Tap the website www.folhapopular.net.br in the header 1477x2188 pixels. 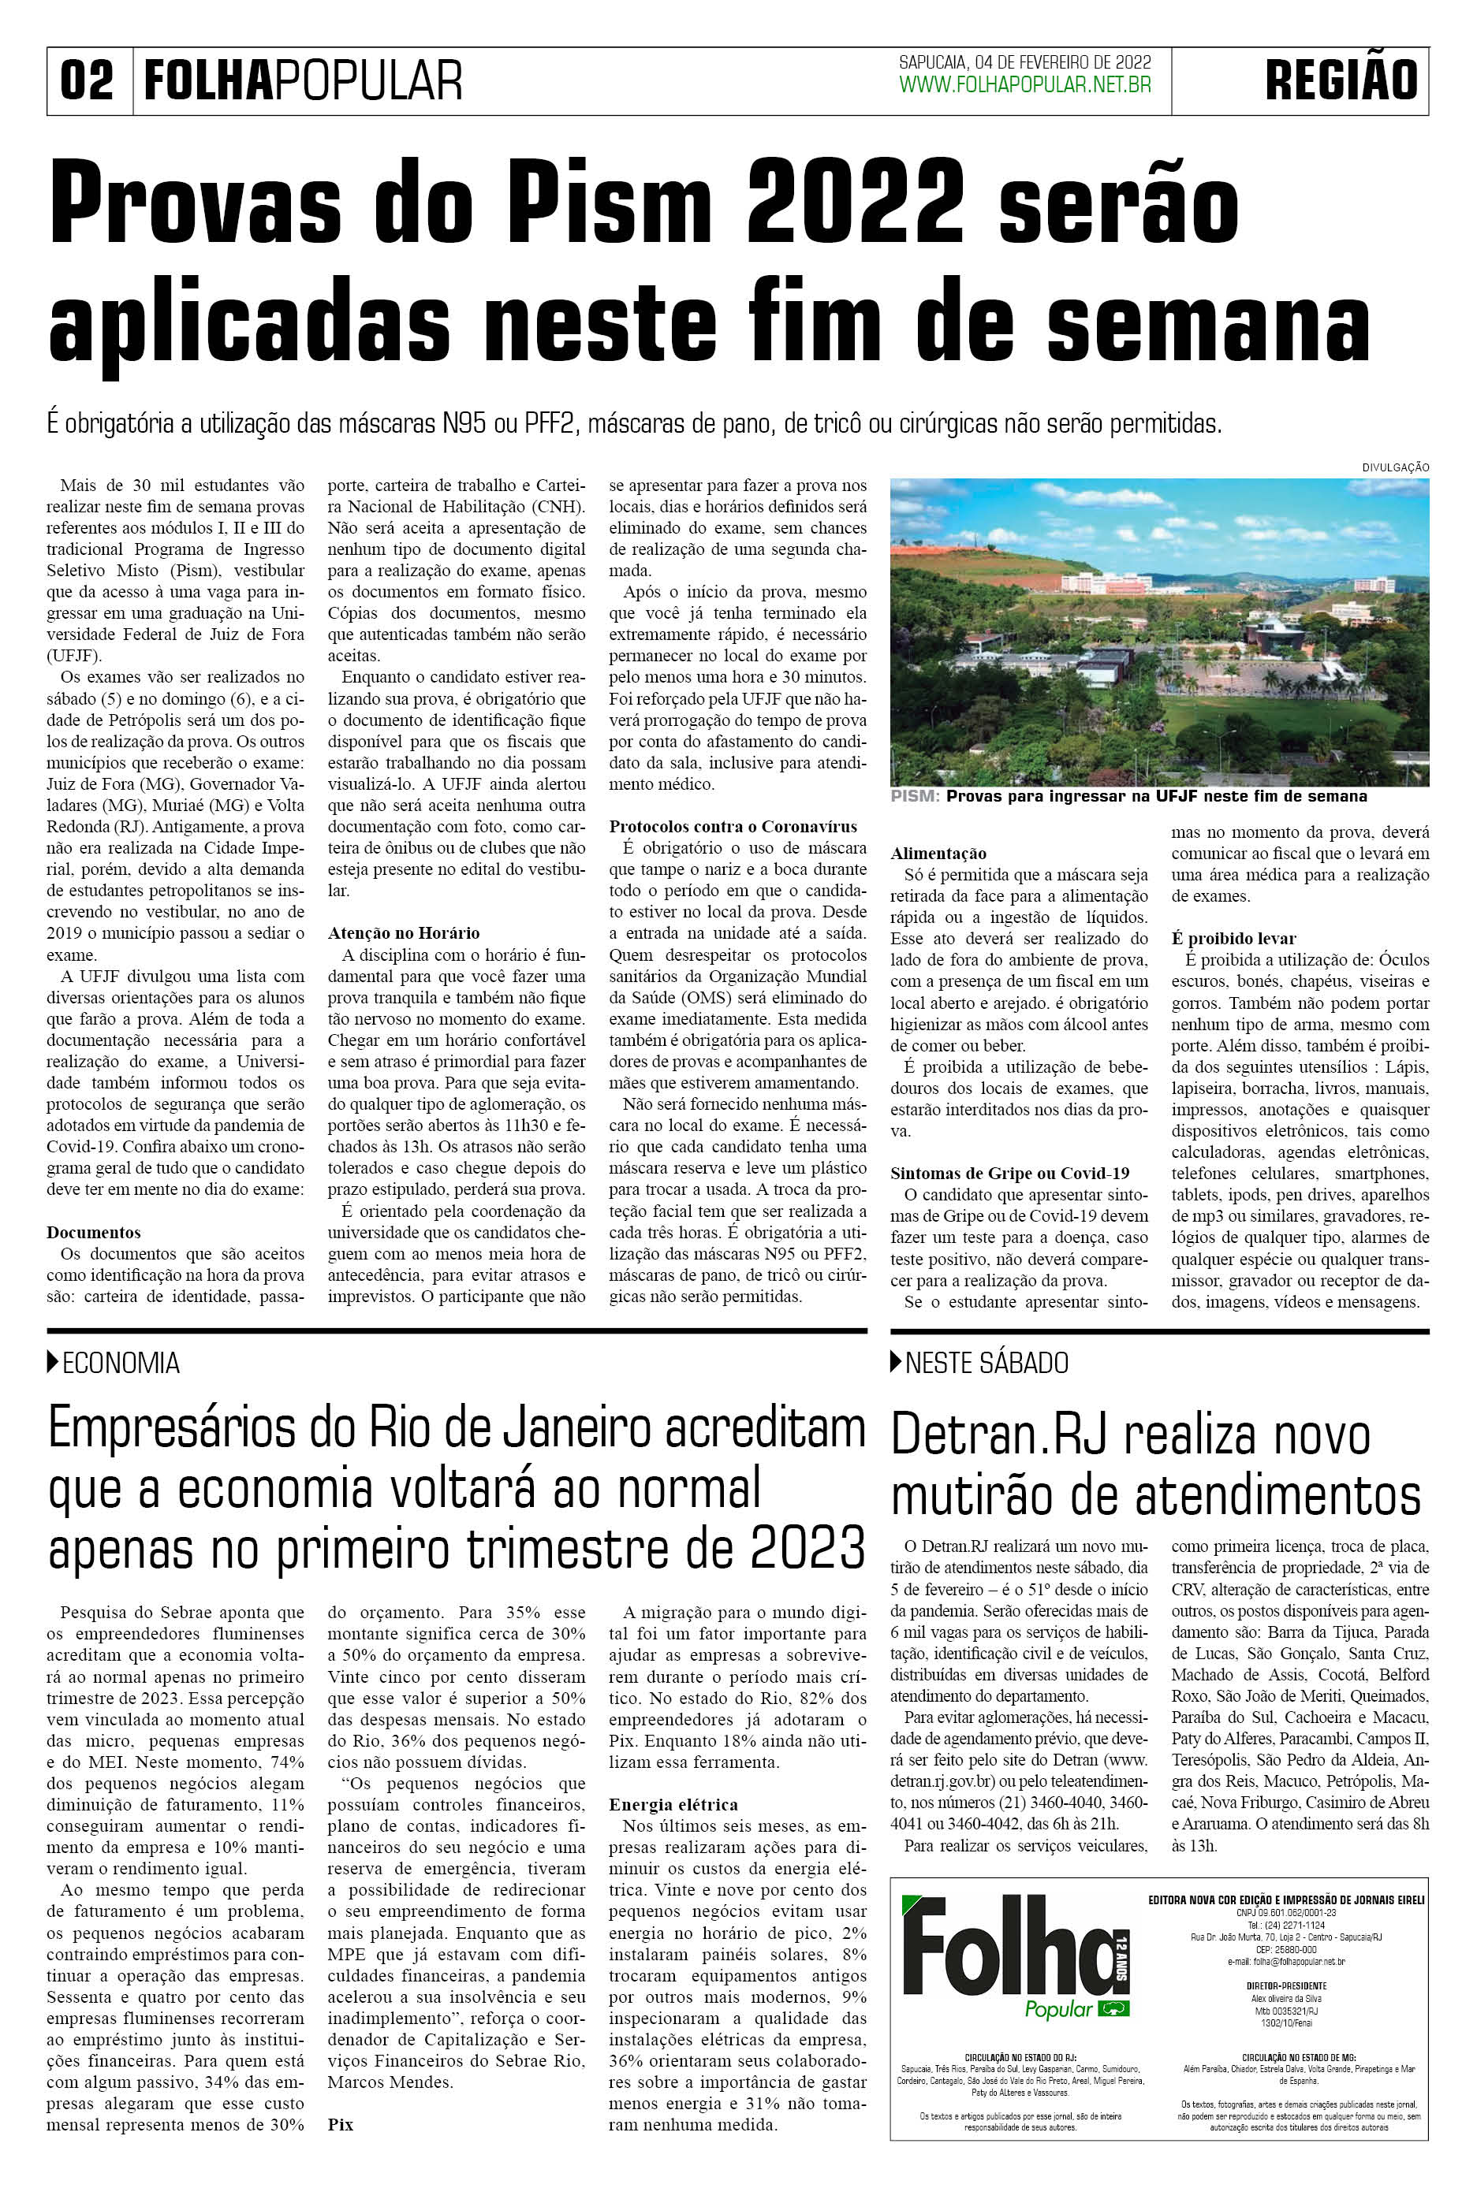1025,86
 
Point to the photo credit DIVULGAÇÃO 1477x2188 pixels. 1395,467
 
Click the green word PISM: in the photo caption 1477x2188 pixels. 915,797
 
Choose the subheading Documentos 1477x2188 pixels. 93,1233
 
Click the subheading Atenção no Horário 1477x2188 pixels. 403,933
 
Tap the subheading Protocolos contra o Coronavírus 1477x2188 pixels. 733,827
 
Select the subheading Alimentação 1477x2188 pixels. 938,854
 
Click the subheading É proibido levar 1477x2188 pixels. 1233,939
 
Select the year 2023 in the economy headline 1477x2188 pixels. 808,1549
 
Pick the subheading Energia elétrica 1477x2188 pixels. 673,1805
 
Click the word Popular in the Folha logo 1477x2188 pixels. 1057,2009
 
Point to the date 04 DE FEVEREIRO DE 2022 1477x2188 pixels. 1062,62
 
